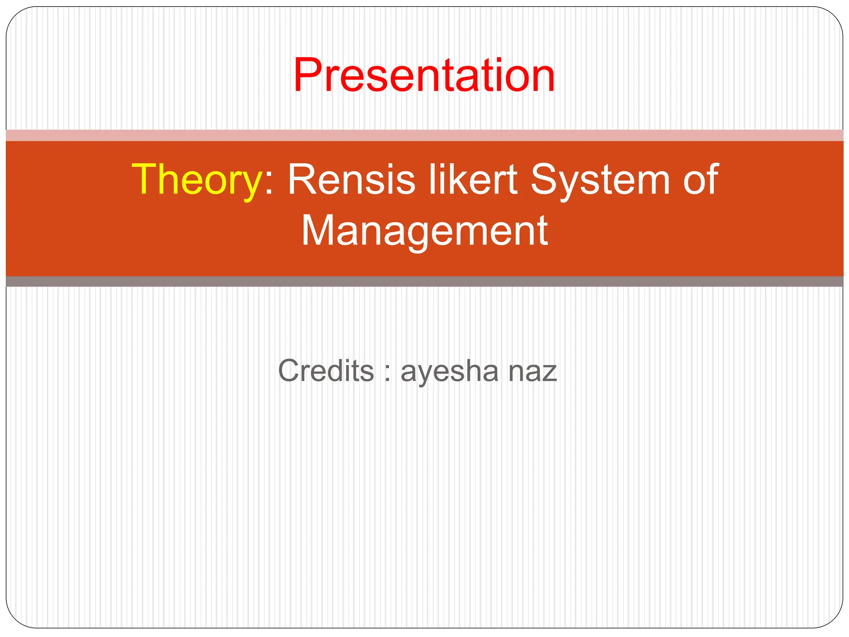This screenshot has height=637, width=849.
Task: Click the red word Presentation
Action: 424,75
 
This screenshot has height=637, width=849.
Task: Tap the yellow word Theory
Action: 196,179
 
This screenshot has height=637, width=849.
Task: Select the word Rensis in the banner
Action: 351,179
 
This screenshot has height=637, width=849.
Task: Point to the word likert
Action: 473,179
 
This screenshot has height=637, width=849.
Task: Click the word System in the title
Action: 600,179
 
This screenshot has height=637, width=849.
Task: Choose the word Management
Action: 424,231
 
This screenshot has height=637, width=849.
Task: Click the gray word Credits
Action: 326,370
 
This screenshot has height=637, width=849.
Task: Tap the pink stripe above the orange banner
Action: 424,135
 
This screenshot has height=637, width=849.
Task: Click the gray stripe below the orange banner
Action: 424,282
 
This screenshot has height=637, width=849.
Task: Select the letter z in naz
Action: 550,373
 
